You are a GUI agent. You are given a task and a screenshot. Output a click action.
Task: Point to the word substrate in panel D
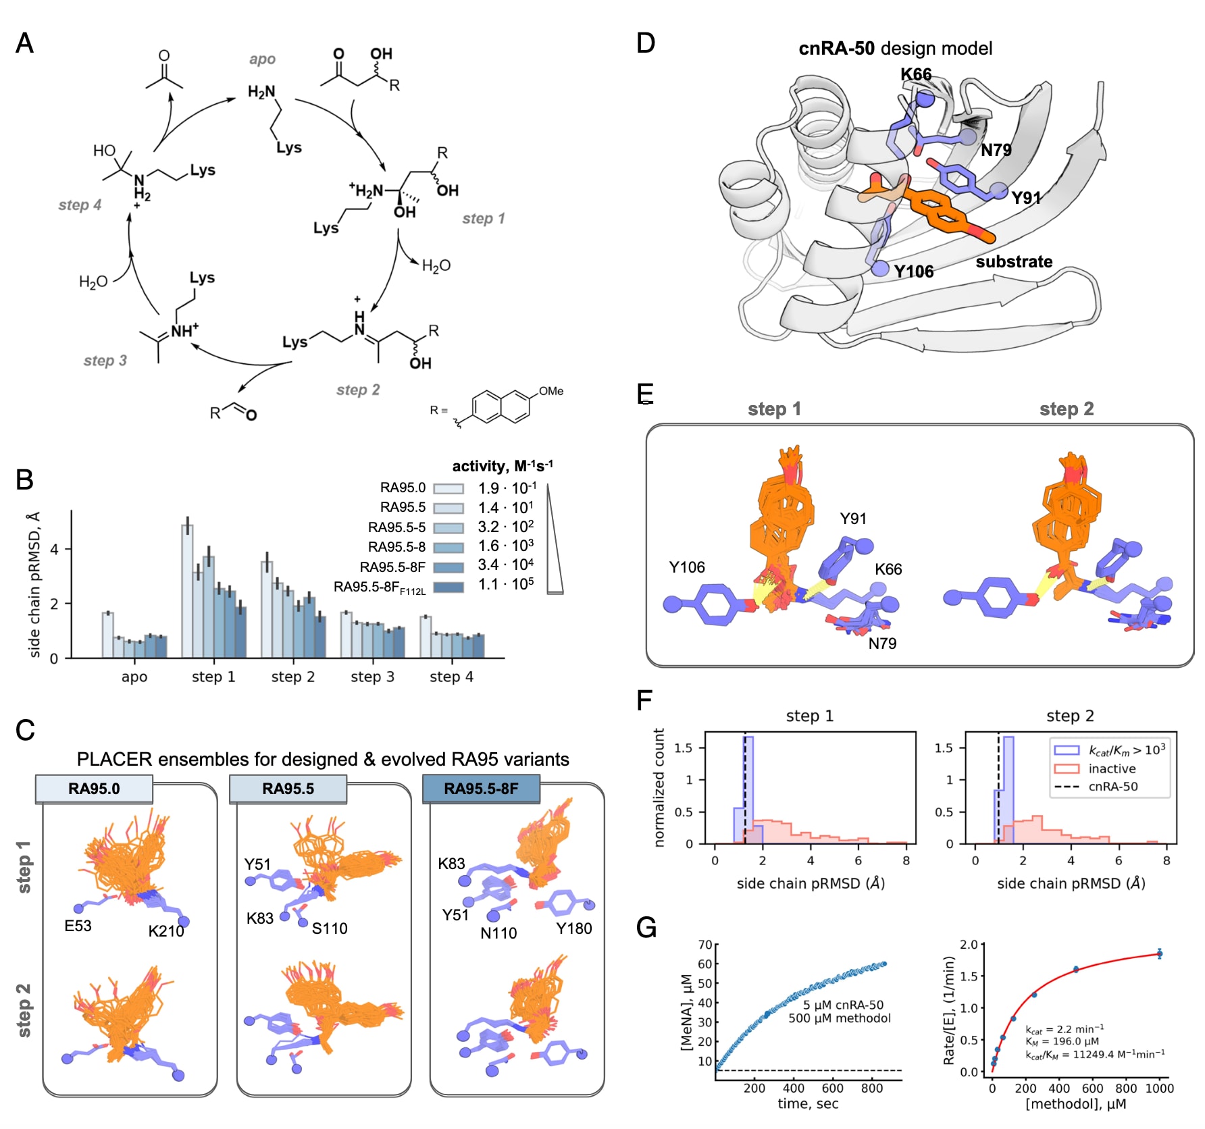(1013, 261)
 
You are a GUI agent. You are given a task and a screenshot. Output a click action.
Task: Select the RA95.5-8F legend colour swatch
(448, 567)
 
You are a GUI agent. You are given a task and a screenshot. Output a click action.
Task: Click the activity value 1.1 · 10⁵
(505, 584)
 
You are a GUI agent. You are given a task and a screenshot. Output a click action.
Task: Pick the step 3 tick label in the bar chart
(372, 677)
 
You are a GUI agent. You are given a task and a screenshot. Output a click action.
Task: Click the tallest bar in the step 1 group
(187, 590)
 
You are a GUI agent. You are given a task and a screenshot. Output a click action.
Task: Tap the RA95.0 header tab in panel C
(94, 789)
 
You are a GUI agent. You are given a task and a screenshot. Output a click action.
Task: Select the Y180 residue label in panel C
(573, 928)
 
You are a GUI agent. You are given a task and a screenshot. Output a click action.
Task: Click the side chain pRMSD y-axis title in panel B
(34, 584)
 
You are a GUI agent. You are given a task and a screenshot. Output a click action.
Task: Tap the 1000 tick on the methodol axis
(1159, 1088)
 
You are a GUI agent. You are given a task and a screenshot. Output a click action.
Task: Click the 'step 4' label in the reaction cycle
(80, 205)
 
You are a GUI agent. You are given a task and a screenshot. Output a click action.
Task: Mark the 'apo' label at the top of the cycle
(262, 59)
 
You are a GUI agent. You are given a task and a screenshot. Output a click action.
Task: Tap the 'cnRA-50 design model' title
(895, 49)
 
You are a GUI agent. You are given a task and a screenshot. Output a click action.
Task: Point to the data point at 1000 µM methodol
(1159, 953)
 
